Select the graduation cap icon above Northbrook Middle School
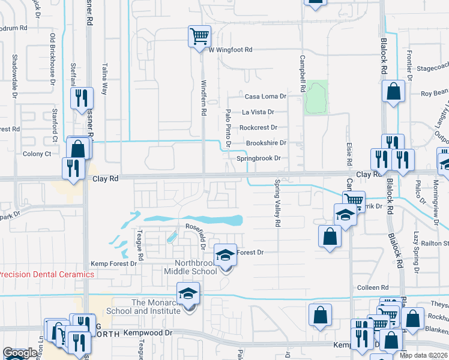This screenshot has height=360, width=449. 226,256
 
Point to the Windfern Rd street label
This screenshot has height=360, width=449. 203,98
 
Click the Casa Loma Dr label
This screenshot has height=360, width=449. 265,96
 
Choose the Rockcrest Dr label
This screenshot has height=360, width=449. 258,127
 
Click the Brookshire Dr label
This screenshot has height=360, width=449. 267,143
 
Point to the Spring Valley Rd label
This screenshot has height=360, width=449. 278,203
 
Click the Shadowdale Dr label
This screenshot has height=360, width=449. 14,76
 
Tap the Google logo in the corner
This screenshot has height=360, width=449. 20,353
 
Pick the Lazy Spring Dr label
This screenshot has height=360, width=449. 415,251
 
